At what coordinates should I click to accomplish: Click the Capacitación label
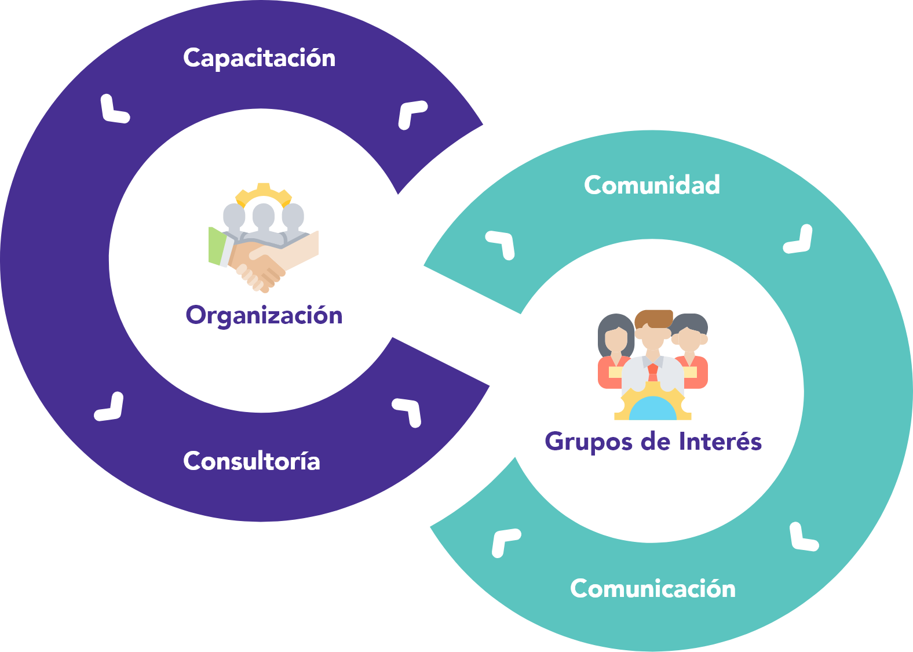pyautogui.click(x=259, y=59)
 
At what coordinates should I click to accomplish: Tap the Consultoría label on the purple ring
pyautogui.click(x=251, y=461)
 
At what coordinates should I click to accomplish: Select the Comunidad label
pyautogui.click(x=652, y=185)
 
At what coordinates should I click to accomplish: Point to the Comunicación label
pyautogui.click(x=653, y=589)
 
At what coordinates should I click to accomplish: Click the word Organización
pyautogui.click(x=264, y=316)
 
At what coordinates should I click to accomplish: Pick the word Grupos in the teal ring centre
pyautogui.click(x=588, y=442)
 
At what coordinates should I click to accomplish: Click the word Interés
pyautogui.click(x=720, y=442)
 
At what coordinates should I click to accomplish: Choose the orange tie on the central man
pyautogui.click(x=653, y=371)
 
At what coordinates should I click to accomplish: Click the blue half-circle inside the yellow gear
pyautogui.click(x=653, y=409)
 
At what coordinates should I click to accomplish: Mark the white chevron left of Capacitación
pyautogui.click(x=115, y=110)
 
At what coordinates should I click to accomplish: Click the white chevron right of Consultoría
pyautogui.click(x=408, y=411)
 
